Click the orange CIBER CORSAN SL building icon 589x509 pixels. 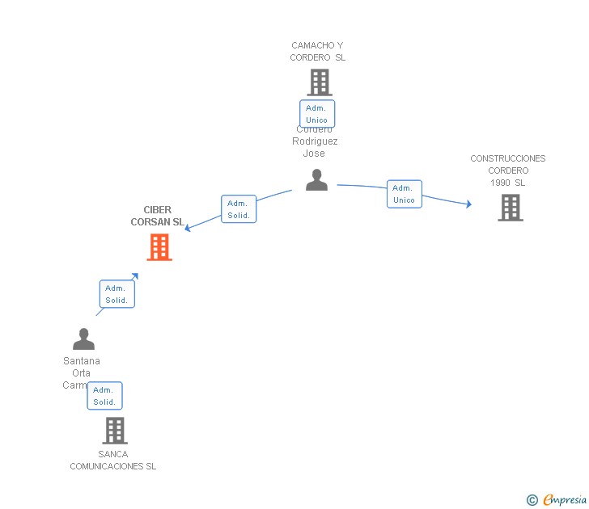[159, 247]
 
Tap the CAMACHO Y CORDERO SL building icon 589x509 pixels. [320, 82]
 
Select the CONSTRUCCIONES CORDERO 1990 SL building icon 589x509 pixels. [510, 208]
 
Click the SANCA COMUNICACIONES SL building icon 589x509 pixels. [115, 431]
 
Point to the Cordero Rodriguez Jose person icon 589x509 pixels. [316, 180]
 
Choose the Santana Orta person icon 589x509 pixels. [83, 339]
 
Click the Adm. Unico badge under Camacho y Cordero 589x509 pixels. [317, 114]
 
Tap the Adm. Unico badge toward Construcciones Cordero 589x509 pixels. [404, 194]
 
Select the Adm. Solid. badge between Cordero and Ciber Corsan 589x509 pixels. [239, 208]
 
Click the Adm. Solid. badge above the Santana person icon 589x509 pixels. [117, 294]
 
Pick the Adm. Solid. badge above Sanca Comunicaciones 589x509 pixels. [104, 396]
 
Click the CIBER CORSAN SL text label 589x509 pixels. [157, 216]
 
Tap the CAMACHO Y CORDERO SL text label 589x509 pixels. [318, 52]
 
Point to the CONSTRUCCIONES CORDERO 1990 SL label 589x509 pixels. [508, 170]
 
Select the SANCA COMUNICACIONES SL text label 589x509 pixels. [113, 461]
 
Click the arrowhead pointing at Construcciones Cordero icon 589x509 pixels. [468, 204]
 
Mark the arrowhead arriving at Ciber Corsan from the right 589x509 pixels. [188, 228]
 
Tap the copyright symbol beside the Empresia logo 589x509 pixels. [532, 500]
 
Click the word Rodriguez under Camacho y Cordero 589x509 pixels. [315, 141]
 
